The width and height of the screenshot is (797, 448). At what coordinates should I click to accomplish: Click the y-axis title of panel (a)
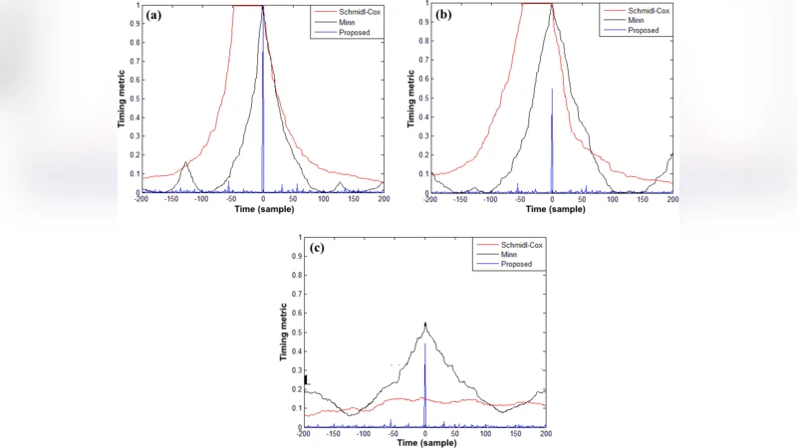[x=125, y=100]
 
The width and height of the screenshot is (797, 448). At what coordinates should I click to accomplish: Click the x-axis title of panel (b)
[x=551, y=210]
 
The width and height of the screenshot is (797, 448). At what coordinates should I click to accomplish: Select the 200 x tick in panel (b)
[x=672, y=200]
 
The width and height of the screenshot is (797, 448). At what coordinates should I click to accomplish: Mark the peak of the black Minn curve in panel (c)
[x=425, y=323]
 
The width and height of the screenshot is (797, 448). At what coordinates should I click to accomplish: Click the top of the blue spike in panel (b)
[x=552, y=90]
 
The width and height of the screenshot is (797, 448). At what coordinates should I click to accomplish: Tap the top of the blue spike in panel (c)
[x=425, y=344]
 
